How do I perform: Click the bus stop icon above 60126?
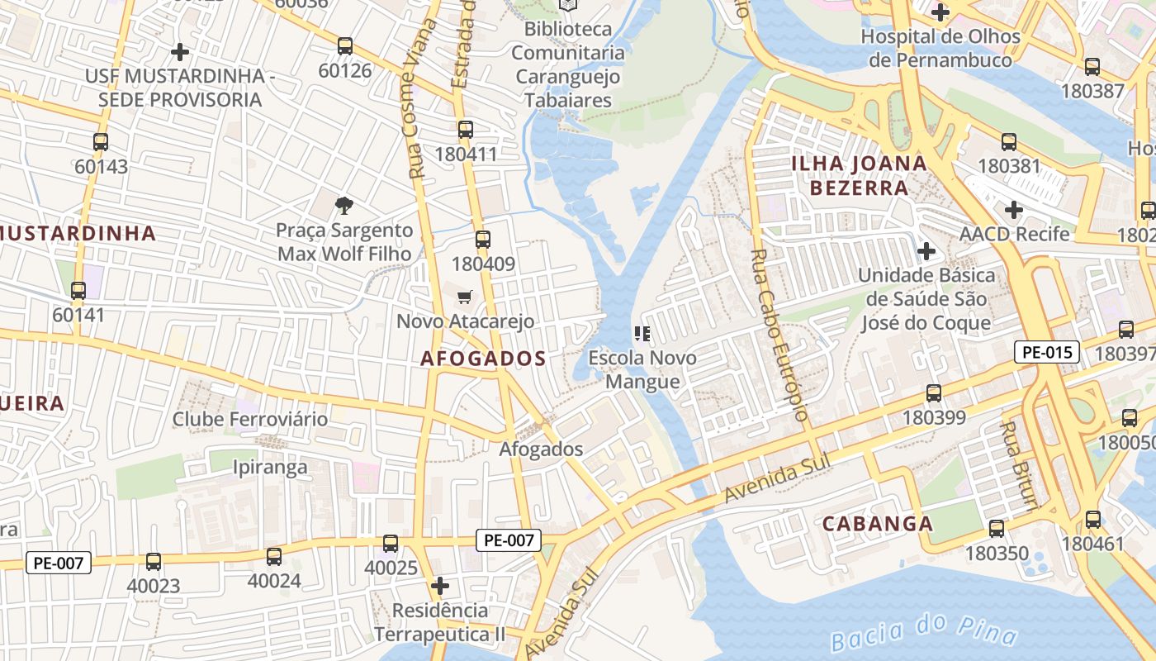click(x=345, y=46)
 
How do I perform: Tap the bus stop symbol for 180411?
click(x=466, y=130)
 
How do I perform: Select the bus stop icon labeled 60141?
click(x=78, y=291)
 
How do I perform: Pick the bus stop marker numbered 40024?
click(x=274, y=557)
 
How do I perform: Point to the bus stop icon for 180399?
click(x=934, y=393)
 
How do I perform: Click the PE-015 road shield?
click(x=1047, y=353)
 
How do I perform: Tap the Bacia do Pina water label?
click(x=923, y=633)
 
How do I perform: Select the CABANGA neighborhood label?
click(x=878, y=524)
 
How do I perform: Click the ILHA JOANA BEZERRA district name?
click(x=859, y=175)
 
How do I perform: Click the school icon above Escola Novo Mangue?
click(x=642, y=334)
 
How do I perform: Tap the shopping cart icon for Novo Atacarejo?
click(x=465, y=297)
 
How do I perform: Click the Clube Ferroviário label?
click(x=250, y=419)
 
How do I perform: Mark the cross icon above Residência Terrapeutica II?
click(x=440, y=586)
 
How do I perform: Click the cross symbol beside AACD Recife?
click(x=1014, y=210)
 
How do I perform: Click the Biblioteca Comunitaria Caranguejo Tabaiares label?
click(x=568, y=64)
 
